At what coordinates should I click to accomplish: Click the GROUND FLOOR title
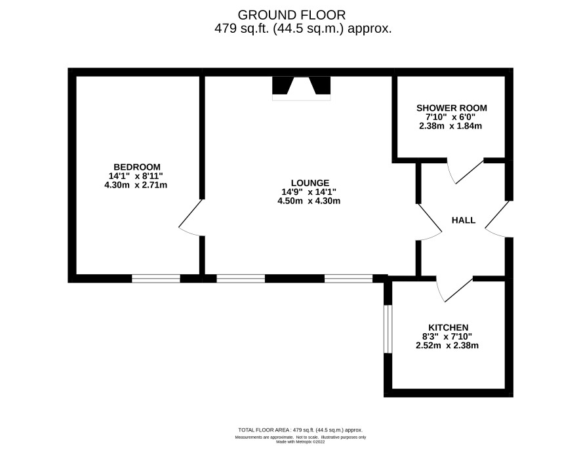(x=292, y=15)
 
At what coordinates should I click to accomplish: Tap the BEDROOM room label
(x=137, y=167)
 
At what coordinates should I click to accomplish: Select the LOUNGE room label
(x=310, y=183)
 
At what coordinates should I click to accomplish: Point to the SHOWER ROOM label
(x=451, y=108)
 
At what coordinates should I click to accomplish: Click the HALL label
(x=463, y=220)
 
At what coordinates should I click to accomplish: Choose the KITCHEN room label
(x=448, y=327)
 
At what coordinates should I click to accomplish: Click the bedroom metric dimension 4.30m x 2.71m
(x=136, y=185)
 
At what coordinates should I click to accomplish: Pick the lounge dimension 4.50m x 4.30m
(x=309, y=201)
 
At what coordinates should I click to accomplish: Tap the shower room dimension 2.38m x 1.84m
(x=451, y=126)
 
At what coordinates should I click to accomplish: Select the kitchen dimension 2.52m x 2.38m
(x=447, y=346)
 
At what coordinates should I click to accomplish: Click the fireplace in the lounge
(x=301, y=88)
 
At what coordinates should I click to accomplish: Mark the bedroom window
(x=156, y=279)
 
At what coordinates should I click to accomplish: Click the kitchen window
(x=388, y=329)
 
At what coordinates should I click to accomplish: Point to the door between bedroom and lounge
(x=191, y=218)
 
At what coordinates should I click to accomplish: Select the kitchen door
(x=454, y=289)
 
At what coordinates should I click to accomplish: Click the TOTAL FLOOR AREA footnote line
(x=300, y=430)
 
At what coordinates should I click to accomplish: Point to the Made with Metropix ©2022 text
(x=300, y=441)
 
